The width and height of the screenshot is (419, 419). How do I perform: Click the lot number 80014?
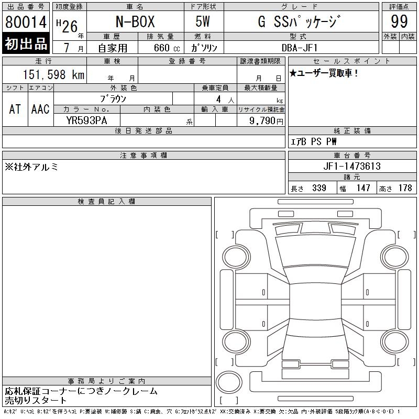coord(26,22)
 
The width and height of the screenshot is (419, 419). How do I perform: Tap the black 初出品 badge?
coord(26,43)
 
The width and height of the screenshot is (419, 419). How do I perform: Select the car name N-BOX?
coord(135,21)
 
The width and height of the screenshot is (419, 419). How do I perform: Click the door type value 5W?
coord(203,21)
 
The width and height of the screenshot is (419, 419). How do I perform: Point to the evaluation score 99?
coord(399,21)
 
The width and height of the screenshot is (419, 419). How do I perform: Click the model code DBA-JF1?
coord(300,48)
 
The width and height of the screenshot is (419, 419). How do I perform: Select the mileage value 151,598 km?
coord(53,74)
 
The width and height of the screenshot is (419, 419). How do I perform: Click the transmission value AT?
coord(15,109)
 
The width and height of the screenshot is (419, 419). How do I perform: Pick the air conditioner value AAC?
coord(40,109)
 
